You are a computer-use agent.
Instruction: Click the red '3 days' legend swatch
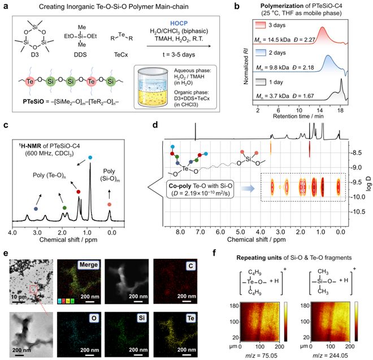[261, 27]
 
